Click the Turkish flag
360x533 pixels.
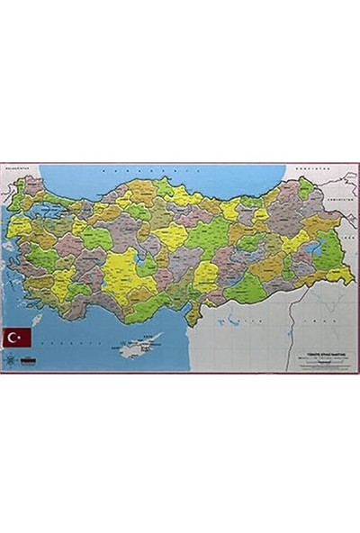[x=18, y=337]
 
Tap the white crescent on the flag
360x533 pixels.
[x=15, y=337]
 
